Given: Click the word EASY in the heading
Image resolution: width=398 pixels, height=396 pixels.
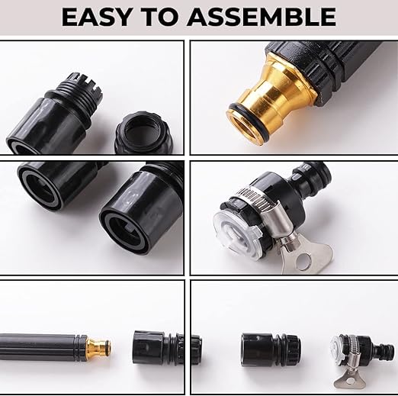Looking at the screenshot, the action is coord(95,17).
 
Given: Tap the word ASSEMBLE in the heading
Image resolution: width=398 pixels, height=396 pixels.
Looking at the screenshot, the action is coord(262,17).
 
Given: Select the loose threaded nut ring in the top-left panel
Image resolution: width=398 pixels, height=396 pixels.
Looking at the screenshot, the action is coord(144,133).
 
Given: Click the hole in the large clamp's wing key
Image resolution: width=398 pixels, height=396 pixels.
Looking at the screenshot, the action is coord(303,261).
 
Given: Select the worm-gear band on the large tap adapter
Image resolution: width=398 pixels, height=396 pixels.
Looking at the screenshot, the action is coord(257,198).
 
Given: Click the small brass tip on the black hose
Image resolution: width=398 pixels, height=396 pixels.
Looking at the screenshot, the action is coord(98,347).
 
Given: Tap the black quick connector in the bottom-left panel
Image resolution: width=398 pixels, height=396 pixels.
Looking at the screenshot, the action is coord(158,347).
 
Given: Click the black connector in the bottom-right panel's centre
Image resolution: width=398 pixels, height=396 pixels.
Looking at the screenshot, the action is coord(271,347).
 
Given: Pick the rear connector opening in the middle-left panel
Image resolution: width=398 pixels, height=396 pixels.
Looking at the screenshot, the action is coord(40,186).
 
